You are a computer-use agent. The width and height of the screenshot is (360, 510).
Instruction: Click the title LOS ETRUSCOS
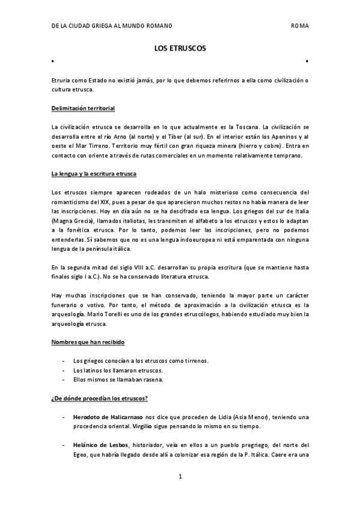point(180,49)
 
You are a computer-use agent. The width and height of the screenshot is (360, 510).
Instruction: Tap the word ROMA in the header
point(299,26)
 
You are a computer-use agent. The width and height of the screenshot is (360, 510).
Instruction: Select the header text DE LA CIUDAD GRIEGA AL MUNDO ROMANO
point(111,26)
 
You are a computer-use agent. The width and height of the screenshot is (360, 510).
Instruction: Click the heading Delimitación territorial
point(83,108)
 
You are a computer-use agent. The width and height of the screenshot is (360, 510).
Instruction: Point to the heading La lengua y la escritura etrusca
point(94,174)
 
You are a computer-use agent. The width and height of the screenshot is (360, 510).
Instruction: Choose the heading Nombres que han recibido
point(88,342)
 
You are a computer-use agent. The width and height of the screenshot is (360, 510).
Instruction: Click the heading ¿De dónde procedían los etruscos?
point(100,399)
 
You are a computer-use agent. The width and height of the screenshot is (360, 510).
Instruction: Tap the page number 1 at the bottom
point(180,477)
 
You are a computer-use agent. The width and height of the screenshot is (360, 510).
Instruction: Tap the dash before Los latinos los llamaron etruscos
point(64,370)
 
